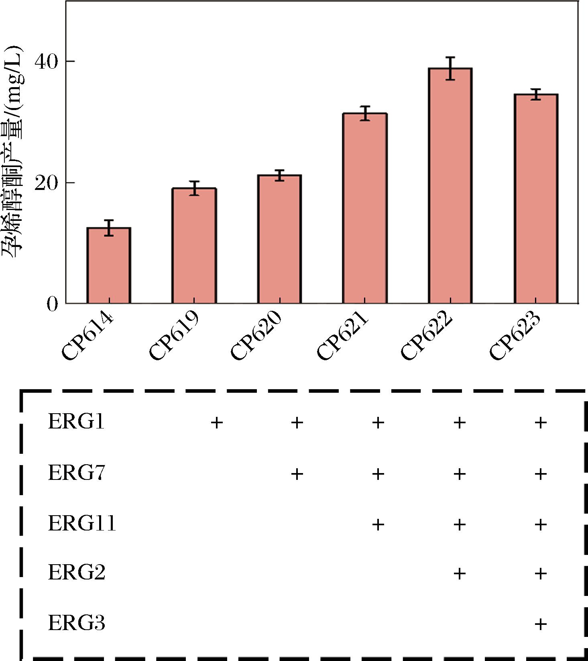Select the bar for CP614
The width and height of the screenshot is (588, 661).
[109, 265]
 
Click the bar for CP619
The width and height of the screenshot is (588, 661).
[194, 245]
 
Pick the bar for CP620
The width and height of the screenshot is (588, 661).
[279, 239]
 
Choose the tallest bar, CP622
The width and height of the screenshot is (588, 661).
[450, 186]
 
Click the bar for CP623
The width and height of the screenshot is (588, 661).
[536, 198]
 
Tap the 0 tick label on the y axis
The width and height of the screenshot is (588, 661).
[53, 304]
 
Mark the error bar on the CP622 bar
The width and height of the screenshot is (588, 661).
[450, 68]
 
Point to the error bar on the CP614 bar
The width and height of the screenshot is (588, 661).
[109, 228]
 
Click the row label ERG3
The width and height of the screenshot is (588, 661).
[76, 623]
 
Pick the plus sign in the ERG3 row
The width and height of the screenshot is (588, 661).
[541, 624]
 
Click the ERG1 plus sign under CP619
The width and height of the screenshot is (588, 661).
[216, 422]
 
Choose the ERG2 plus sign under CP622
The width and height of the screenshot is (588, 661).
[460, 573]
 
